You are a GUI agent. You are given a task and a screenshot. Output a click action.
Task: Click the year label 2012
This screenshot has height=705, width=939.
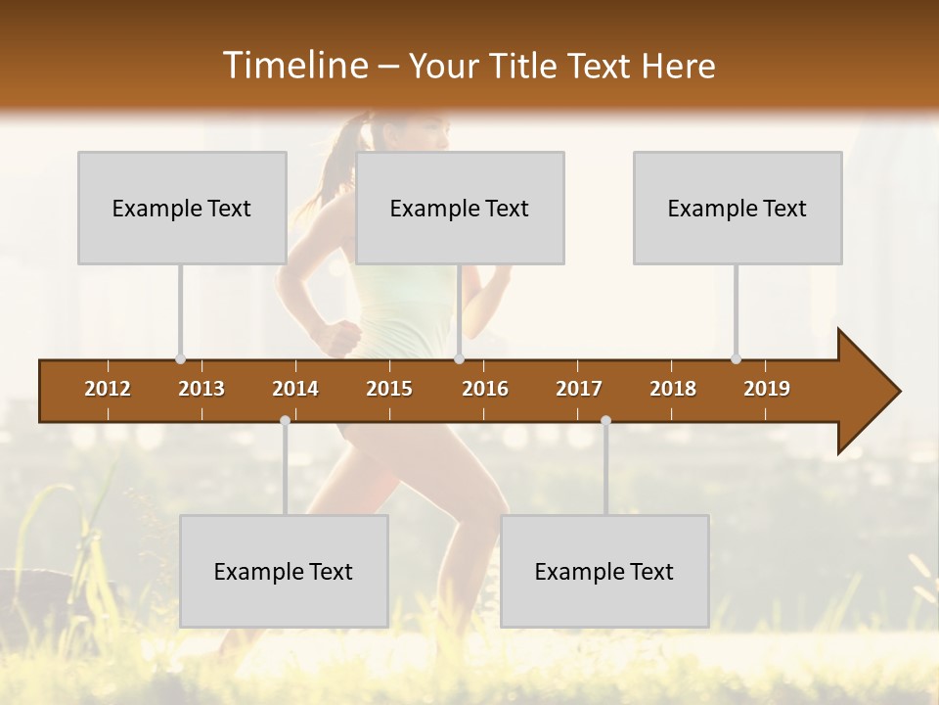point(108,389)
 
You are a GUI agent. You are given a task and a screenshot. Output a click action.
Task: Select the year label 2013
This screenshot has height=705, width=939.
point(201,389)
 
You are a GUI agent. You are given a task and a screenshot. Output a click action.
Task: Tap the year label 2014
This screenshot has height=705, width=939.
point(295,389)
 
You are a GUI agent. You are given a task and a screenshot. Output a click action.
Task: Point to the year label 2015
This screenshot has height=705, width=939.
point(389,389)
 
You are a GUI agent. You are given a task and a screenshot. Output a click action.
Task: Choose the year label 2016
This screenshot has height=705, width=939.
point(485,389)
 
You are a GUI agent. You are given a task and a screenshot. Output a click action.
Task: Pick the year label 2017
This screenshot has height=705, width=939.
point(579,389)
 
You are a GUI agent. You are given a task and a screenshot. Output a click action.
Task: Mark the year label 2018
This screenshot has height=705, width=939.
point(673,389)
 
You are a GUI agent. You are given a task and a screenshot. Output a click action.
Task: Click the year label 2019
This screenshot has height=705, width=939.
point(767,389)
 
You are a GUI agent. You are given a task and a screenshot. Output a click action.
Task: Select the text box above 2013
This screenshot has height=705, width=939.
point(182,208)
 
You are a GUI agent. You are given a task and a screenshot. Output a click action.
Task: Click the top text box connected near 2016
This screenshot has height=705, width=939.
point(460,208)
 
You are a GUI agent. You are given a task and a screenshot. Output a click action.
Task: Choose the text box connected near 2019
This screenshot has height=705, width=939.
point(738,208)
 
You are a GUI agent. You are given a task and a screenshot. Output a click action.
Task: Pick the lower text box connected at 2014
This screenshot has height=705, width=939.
point(284,571)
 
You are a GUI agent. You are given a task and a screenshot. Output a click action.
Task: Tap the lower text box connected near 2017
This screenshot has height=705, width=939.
point(604,571)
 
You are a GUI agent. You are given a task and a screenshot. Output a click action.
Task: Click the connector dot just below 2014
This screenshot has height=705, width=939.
point(285,421)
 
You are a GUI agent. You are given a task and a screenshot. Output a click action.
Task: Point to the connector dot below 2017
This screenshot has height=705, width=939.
point(605,421)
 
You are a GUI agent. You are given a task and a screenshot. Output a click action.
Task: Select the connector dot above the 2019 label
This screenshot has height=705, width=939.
point(736,358)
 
